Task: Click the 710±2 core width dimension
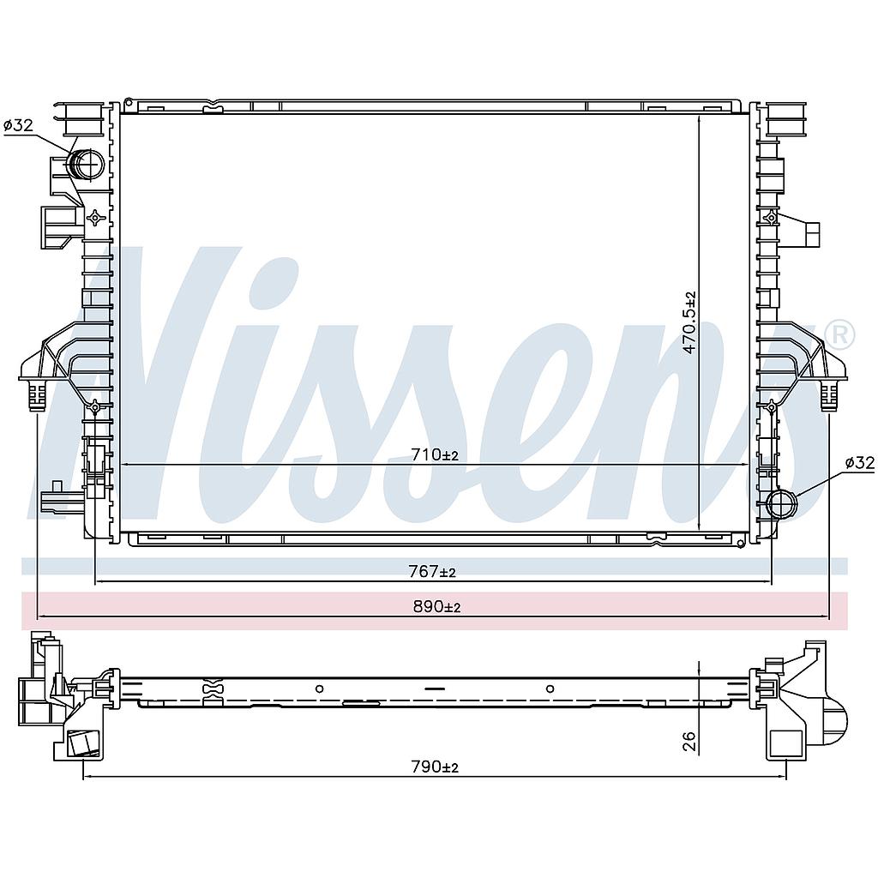pos(435,455)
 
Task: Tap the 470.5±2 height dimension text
pos(689,322)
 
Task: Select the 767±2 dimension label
pos(432,571)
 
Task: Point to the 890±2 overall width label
pos(436,606)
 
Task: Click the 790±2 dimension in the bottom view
pos(435,767)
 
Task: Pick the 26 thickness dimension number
pos(689,741)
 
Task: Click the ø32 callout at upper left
pos(19,125)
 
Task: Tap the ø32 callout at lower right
pos(859,462)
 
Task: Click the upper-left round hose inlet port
pos(86,165)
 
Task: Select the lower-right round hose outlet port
pos(781,504)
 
